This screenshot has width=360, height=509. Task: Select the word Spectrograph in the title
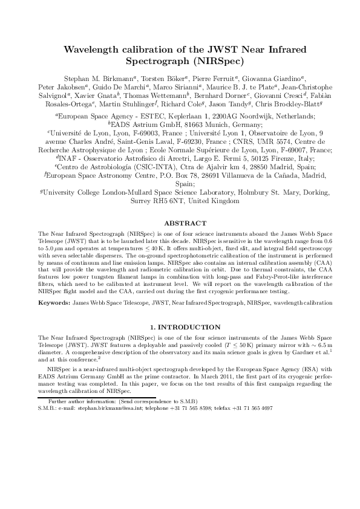click(x=157, y=61)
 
